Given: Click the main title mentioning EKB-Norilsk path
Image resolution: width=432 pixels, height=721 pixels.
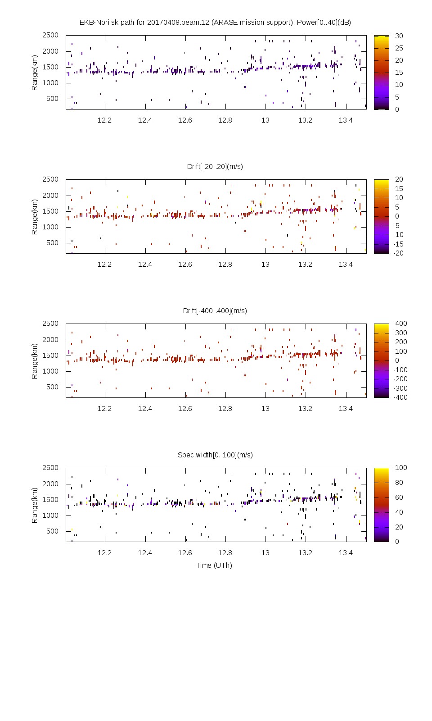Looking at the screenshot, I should pos(215,23).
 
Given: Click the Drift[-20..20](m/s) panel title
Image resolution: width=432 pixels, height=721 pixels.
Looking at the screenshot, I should pos(215,167).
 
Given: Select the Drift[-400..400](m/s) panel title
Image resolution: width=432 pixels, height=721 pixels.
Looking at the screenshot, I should pos(215,311).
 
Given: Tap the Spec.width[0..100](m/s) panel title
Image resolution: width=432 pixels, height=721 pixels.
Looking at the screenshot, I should pos(215,455).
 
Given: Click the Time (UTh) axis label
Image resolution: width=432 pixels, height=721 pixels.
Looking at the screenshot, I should pos(214,565).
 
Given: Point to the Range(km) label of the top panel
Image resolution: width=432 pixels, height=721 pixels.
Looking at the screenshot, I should pos(35,73).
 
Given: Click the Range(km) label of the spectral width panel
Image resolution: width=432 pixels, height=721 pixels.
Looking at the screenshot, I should pos(35,505).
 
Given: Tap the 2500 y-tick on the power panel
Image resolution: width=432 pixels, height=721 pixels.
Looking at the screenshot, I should pos(50,35).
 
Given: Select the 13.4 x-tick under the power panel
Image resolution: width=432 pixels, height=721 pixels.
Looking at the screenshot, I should pos(346,120).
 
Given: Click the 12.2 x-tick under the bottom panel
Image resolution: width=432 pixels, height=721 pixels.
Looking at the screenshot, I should pos(105,552).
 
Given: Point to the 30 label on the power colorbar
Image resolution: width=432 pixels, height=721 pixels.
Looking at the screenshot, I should pos(399,36).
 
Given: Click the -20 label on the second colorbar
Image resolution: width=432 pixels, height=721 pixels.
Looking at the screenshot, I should pos(398,253).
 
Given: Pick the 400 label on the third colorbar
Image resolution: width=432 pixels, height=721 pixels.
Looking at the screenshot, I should pos(401,324).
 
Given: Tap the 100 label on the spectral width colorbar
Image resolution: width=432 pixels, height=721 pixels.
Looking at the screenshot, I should pos(401,468).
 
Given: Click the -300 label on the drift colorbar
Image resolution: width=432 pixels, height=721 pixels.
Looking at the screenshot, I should pos(400,388).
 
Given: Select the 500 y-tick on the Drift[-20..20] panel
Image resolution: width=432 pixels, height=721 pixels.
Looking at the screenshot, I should pos(52,243).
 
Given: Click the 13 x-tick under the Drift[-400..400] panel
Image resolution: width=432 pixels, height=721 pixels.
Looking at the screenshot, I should pos(265,408).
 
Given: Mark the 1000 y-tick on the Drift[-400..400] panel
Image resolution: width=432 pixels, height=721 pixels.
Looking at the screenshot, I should pos(50,371).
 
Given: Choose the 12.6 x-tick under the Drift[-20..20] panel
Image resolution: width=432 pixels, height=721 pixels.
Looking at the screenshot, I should pos(185,264).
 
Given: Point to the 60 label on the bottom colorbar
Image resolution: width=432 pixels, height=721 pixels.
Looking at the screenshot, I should pos(399,497).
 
